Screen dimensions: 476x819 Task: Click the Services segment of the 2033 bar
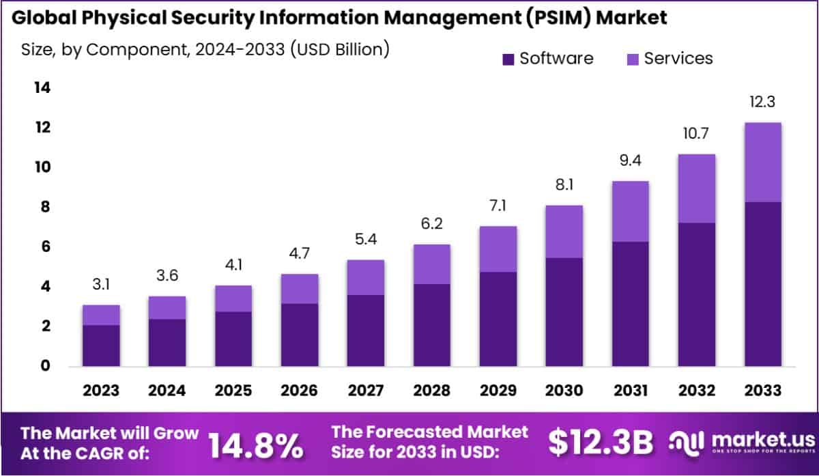(x=762, y=162)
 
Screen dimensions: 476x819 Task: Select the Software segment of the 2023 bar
(x=101, y=346)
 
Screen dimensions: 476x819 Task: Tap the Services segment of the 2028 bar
(x=432, y=264)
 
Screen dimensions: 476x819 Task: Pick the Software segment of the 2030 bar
(x=564, y=311)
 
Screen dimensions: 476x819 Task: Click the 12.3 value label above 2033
(x=762, y=102)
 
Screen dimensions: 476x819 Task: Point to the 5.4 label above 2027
(x=366, y=240)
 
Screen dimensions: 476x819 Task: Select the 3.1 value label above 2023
(x=101, y=285)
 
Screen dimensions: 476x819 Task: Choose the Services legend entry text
(x=678, y=59)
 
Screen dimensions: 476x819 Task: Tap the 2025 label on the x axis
(x=233, y=391)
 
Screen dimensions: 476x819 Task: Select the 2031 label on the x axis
(x=631, y=391)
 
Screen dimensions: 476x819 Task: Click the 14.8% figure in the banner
(x=256, y=446)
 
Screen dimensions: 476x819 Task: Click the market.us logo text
(x=763, y=438)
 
